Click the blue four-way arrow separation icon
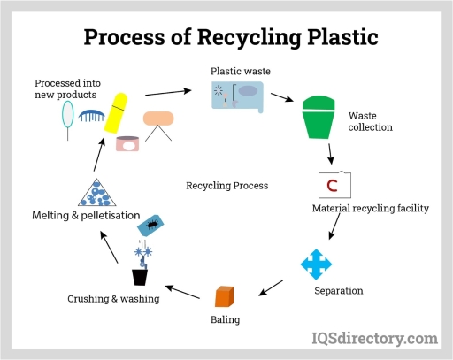(x=315, y=264)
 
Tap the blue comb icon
(x=91, y=114)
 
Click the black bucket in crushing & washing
(x=140, y=277)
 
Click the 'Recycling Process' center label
(x=226, y=186)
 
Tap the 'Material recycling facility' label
(x=371, y=209)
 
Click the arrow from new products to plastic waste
(x=168, y=91)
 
